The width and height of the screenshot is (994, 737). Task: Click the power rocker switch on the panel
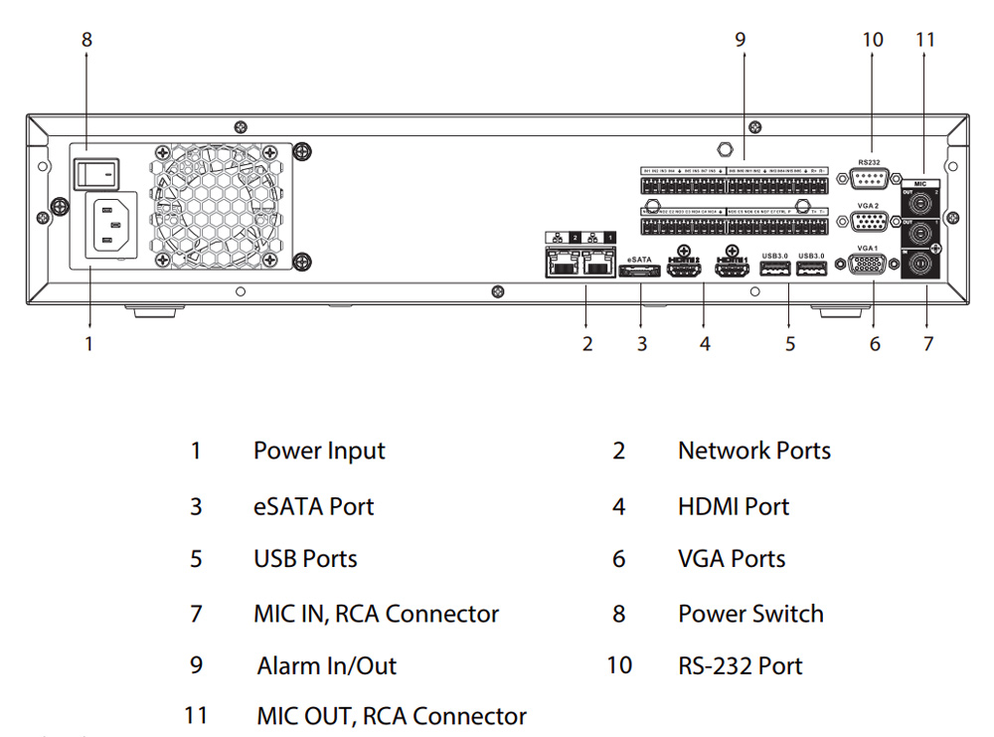pyautogui.click(x=96, y=173)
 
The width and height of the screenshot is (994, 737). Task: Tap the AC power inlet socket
pyautogui.click(x=114, y=225)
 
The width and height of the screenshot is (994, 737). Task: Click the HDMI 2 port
pyautogui.click(x=683, y=269)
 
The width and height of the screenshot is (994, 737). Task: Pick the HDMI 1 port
pyautogui.click(x=732, y=269)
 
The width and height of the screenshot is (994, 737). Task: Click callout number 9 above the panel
pyautogui.click(x=740, y=40)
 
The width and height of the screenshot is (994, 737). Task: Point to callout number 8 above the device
pyautogui.click(x=86, y=40)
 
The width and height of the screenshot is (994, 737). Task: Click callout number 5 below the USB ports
pyautogui.click(x=790, y=344)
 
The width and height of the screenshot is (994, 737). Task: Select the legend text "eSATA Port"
pyautogui.click(x=313, y=506)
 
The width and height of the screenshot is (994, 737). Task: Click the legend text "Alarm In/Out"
pyautogui.click(x=326, y=665)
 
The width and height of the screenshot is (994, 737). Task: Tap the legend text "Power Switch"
pyautogui.click(x=750, y=614)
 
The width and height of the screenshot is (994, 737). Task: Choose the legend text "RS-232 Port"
pyautogui.click(x=740, y=665)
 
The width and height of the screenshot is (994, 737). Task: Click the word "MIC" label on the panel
pyautogui.click(x=922, y=184)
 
